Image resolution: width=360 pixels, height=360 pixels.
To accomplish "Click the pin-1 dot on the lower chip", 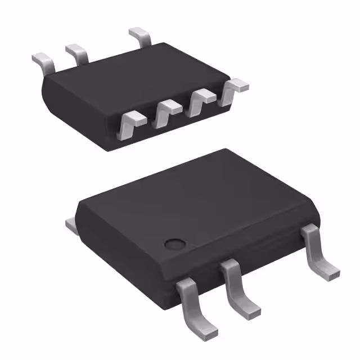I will click(174, 244).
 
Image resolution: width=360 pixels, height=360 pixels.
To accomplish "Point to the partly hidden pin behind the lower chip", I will click(71, 225).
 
